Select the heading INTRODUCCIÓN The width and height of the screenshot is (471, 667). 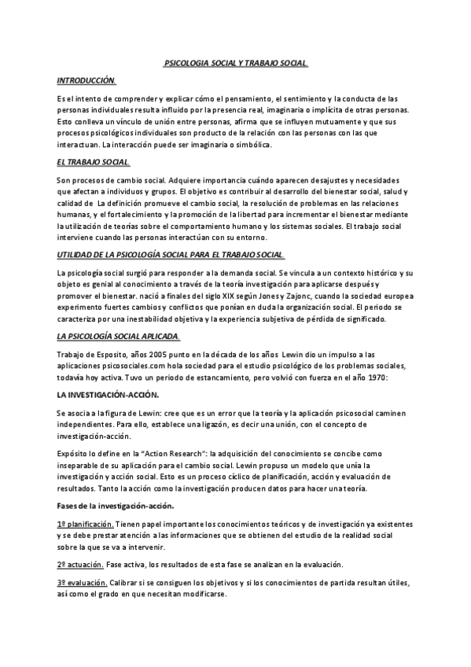point(86,80)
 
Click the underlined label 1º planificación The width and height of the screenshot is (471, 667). point(85,502)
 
